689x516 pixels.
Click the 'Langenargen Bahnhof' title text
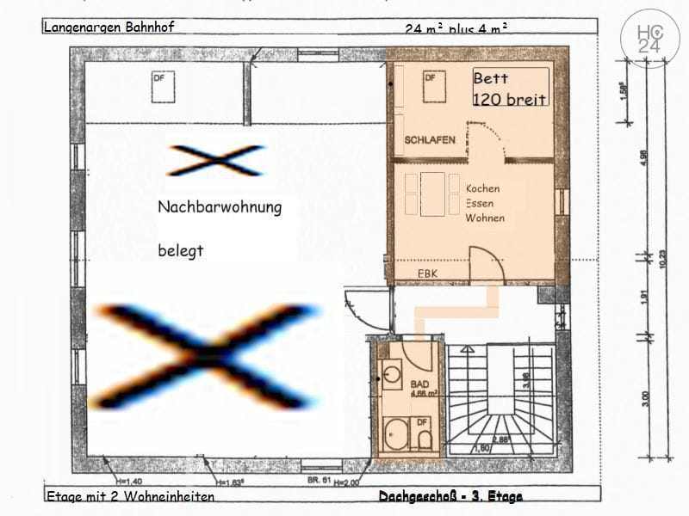click(109, 27)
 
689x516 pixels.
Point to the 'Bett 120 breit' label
click(509, 89)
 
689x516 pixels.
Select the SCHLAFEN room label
click(430, 140)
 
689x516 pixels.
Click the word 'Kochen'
click(482, 188)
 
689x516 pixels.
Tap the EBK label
click(428, 273)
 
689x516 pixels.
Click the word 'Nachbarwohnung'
click(219, 207)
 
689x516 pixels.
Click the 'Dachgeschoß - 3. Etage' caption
click(450, 497)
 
